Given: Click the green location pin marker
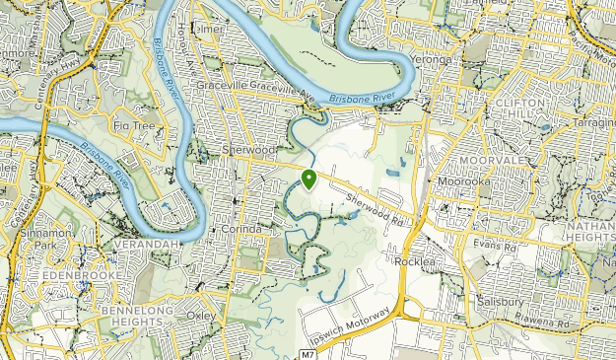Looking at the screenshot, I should (309, 179).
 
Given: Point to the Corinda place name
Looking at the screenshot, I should (242, 229).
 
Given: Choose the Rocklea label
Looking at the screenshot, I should (414, 261).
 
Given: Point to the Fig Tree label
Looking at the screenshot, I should (135, 125).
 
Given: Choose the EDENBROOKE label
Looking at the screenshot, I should (83, 275).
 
